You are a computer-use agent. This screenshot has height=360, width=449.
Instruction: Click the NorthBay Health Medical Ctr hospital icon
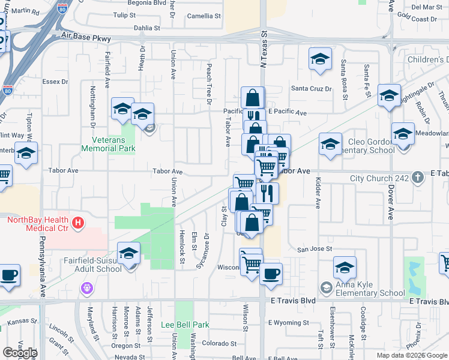click(x=77, y=224)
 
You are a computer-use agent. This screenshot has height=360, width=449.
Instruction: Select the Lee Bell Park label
click(x=185, y=325)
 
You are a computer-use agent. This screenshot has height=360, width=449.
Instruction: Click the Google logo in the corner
click(x=20, y=353)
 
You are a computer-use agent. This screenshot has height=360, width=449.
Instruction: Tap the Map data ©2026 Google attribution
click(x=412, y=355)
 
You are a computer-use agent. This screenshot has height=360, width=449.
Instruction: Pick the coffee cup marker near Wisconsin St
click(x=271, y=274)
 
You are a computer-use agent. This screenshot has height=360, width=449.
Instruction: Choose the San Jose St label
click(x=315, y=248)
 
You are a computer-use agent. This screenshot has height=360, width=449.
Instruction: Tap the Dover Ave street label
click(x=390, y=202)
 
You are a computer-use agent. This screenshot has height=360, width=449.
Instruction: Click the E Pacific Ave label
click(x=288, y=112)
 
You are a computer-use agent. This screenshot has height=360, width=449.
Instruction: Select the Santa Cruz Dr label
click(x=312, y=89)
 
